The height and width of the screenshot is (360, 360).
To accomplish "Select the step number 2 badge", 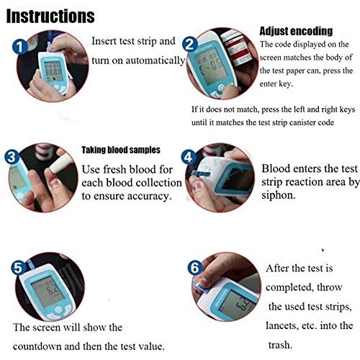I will click(190, 44).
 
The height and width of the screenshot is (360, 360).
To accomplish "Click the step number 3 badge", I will click(11, 157).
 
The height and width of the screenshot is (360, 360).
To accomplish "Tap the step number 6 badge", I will click(194, 267).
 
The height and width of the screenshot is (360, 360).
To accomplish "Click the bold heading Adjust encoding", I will click(295, 31).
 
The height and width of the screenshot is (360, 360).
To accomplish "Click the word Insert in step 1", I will click(106, 41).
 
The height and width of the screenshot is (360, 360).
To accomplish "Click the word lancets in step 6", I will click(289, 325).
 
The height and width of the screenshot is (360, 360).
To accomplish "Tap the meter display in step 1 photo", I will click(52, 71).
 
